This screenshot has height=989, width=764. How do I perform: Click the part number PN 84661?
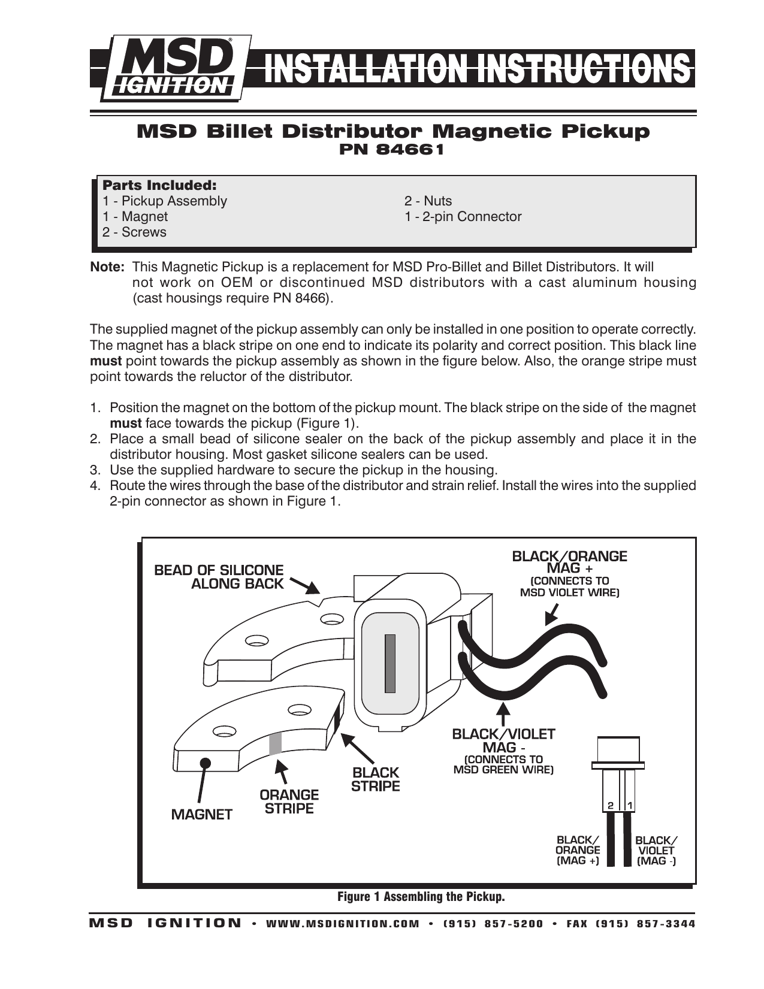point(392,150)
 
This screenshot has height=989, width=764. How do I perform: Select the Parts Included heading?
point(159,185)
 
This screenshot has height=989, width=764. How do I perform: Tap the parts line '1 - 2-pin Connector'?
point(463,217)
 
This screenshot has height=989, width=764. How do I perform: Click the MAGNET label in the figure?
point(201,815)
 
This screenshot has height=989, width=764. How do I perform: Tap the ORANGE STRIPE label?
point(289,802)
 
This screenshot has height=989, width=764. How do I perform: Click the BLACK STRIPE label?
point(375,779)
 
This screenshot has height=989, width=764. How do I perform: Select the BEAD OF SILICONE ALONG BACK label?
point(219,577)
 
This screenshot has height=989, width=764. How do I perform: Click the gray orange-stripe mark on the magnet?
point(275,743)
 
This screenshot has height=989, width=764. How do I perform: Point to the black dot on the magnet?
point(205,763)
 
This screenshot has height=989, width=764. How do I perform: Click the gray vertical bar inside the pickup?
point(390,663)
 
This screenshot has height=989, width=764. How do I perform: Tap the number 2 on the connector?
point(610,806)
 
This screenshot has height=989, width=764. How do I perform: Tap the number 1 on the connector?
point(629,806)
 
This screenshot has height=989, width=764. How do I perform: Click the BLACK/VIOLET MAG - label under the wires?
point(503,740)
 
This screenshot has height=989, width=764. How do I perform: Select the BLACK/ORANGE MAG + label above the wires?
point(569,562)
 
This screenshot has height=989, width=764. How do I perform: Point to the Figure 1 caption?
point(421,897)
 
